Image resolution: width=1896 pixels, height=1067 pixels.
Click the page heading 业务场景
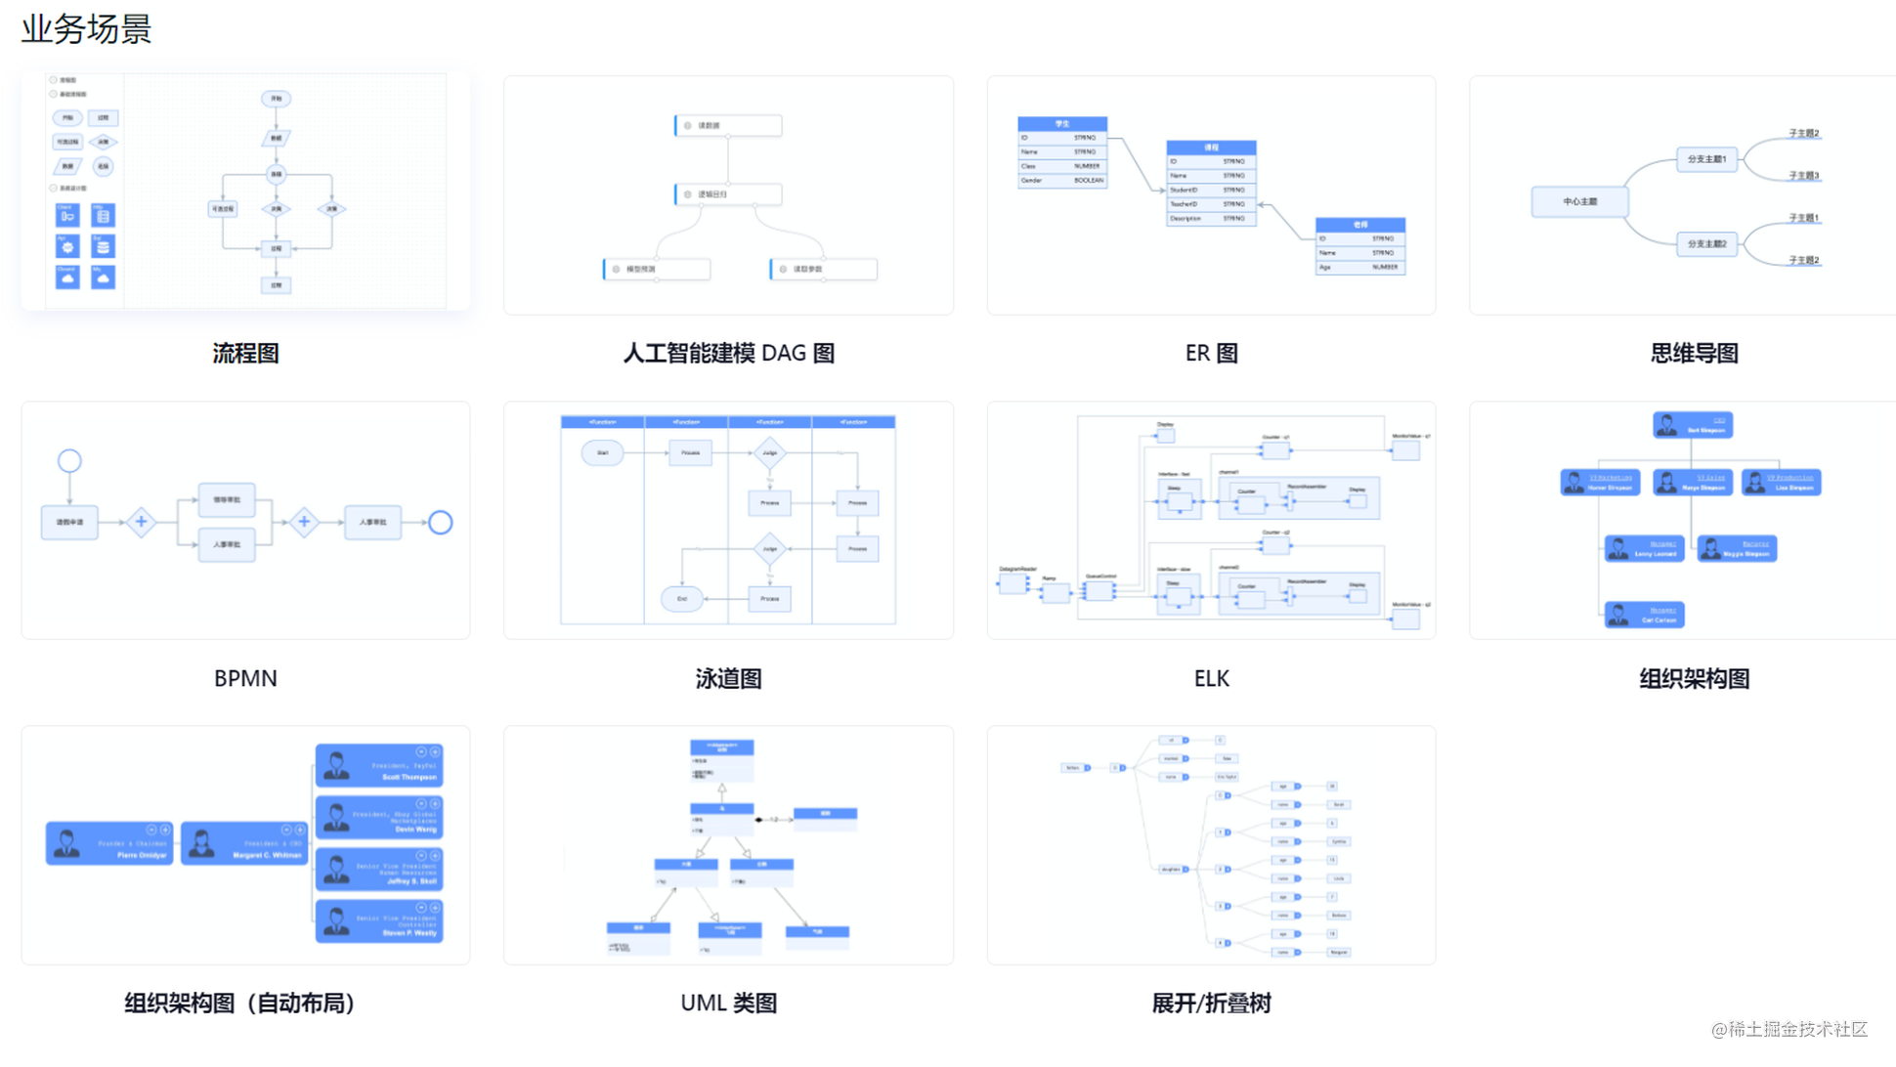86,29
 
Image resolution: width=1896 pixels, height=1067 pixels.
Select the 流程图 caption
245,353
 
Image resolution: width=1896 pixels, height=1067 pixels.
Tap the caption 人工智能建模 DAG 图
728,353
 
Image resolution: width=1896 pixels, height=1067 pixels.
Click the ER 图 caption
1211,353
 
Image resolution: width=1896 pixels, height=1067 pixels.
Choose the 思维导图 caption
1694,353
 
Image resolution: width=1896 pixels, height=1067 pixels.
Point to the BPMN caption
245,678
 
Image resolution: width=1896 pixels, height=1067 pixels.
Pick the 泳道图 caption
728,678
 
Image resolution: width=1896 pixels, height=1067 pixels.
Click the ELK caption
1211,678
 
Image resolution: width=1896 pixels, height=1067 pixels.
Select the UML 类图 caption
728,1003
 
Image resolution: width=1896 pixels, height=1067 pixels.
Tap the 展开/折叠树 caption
1211,1003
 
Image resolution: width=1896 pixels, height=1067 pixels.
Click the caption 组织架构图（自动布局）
239,1003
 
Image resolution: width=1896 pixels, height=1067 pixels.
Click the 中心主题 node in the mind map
1579,202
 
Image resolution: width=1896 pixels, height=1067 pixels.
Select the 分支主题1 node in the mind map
1706,158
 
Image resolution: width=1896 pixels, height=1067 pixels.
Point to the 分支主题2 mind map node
1706,243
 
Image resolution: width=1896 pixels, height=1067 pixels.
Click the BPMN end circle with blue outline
441,523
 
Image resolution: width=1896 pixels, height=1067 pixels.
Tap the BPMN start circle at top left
69,461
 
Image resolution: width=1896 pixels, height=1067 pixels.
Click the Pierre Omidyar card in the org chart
109,843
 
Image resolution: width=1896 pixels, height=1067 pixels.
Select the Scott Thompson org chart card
379,766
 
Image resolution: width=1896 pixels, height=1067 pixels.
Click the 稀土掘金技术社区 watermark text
1789,1029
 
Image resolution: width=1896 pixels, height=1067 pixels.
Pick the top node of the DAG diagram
728,126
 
